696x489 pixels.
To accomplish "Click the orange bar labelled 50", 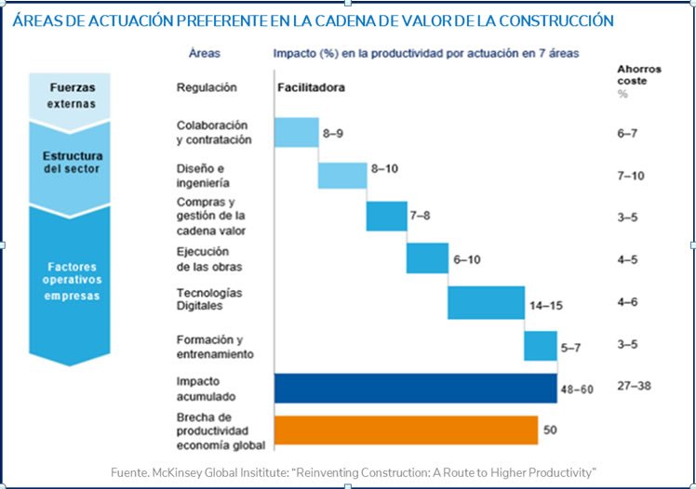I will click(x=406, y=430).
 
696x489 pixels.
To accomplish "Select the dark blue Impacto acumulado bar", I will click(x=415, y=388).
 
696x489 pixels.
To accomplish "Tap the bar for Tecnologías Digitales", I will click(x=485, y=303).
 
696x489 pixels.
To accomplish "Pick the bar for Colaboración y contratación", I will click(x=296, y=132).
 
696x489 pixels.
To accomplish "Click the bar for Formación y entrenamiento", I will click(x=540, y=345).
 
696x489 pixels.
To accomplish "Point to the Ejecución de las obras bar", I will click(x=426, y=258).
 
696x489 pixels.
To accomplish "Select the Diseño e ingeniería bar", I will click(x=341, y=175).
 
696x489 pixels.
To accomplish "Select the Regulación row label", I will click(x=207, y=87).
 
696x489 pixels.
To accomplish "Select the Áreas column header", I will click(x=204, y=54).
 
